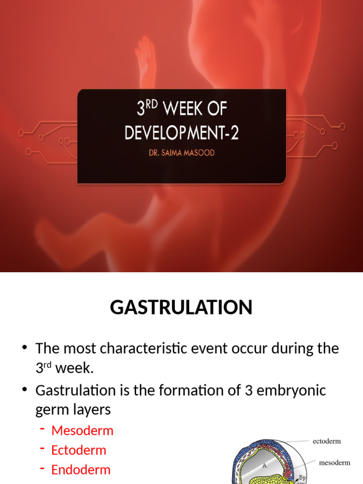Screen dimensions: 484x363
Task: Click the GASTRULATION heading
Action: (181, 308)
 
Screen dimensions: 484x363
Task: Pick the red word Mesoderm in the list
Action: (82, 431)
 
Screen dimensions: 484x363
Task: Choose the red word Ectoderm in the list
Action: (78, 450)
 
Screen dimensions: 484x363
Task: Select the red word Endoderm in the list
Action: (81, 470)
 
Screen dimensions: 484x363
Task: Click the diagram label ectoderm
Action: (327, 441)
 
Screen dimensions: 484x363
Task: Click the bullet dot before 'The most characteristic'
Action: (25, 349)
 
